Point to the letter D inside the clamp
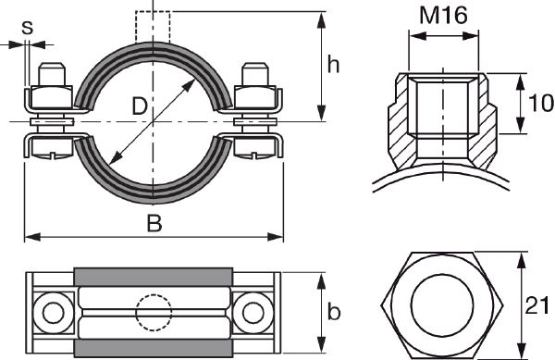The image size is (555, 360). [x=140, y=107]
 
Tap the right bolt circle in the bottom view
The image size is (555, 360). [x=252, y=311]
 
